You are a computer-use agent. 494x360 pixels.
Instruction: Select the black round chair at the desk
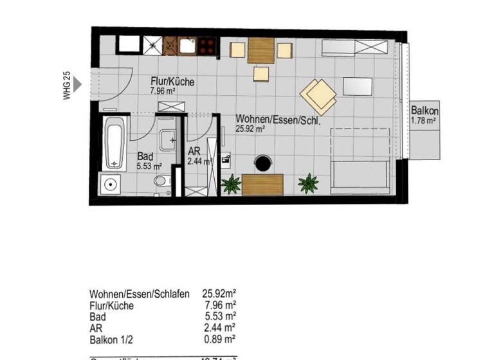coord(262,164)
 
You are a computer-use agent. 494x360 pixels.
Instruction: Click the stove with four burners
coord(206,46)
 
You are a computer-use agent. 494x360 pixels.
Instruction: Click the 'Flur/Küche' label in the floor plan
coord(171,82)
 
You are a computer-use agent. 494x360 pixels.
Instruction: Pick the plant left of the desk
coord(230,185)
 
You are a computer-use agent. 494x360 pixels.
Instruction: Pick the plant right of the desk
coord(308,184)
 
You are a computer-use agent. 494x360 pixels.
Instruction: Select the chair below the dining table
coord(261,74)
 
